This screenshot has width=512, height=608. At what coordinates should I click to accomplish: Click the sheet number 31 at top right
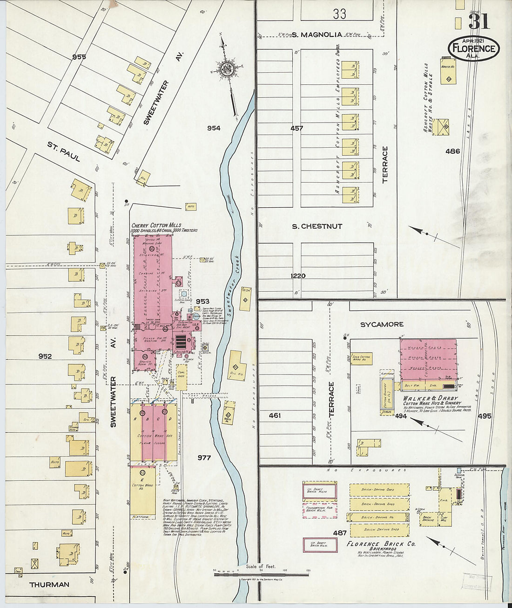(x=478, y=21)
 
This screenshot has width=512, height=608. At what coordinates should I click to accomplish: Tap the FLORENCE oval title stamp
(x=474, y=48)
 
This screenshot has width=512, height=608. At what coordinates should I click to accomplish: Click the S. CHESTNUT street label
(x=317, y=226)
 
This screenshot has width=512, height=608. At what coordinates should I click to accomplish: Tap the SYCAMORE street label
(x=382, y=324)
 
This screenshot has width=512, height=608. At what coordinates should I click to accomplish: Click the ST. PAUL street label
(x=64, y=151)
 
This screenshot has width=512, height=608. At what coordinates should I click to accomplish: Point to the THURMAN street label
(x=49, y=584)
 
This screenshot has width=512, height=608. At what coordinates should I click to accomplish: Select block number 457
(x=296, y=128)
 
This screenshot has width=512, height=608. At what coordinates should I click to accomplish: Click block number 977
(x=204, y=458)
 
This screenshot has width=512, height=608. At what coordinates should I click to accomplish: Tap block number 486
(x=452, y=151)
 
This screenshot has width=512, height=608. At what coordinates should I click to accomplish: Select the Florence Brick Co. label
(x=381, y=544)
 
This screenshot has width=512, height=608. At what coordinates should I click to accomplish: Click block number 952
(x=45, y=356)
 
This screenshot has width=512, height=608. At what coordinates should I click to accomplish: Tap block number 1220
(x=298, y=276)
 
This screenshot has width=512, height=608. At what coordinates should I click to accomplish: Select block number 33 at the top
(x=339, y=14)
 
